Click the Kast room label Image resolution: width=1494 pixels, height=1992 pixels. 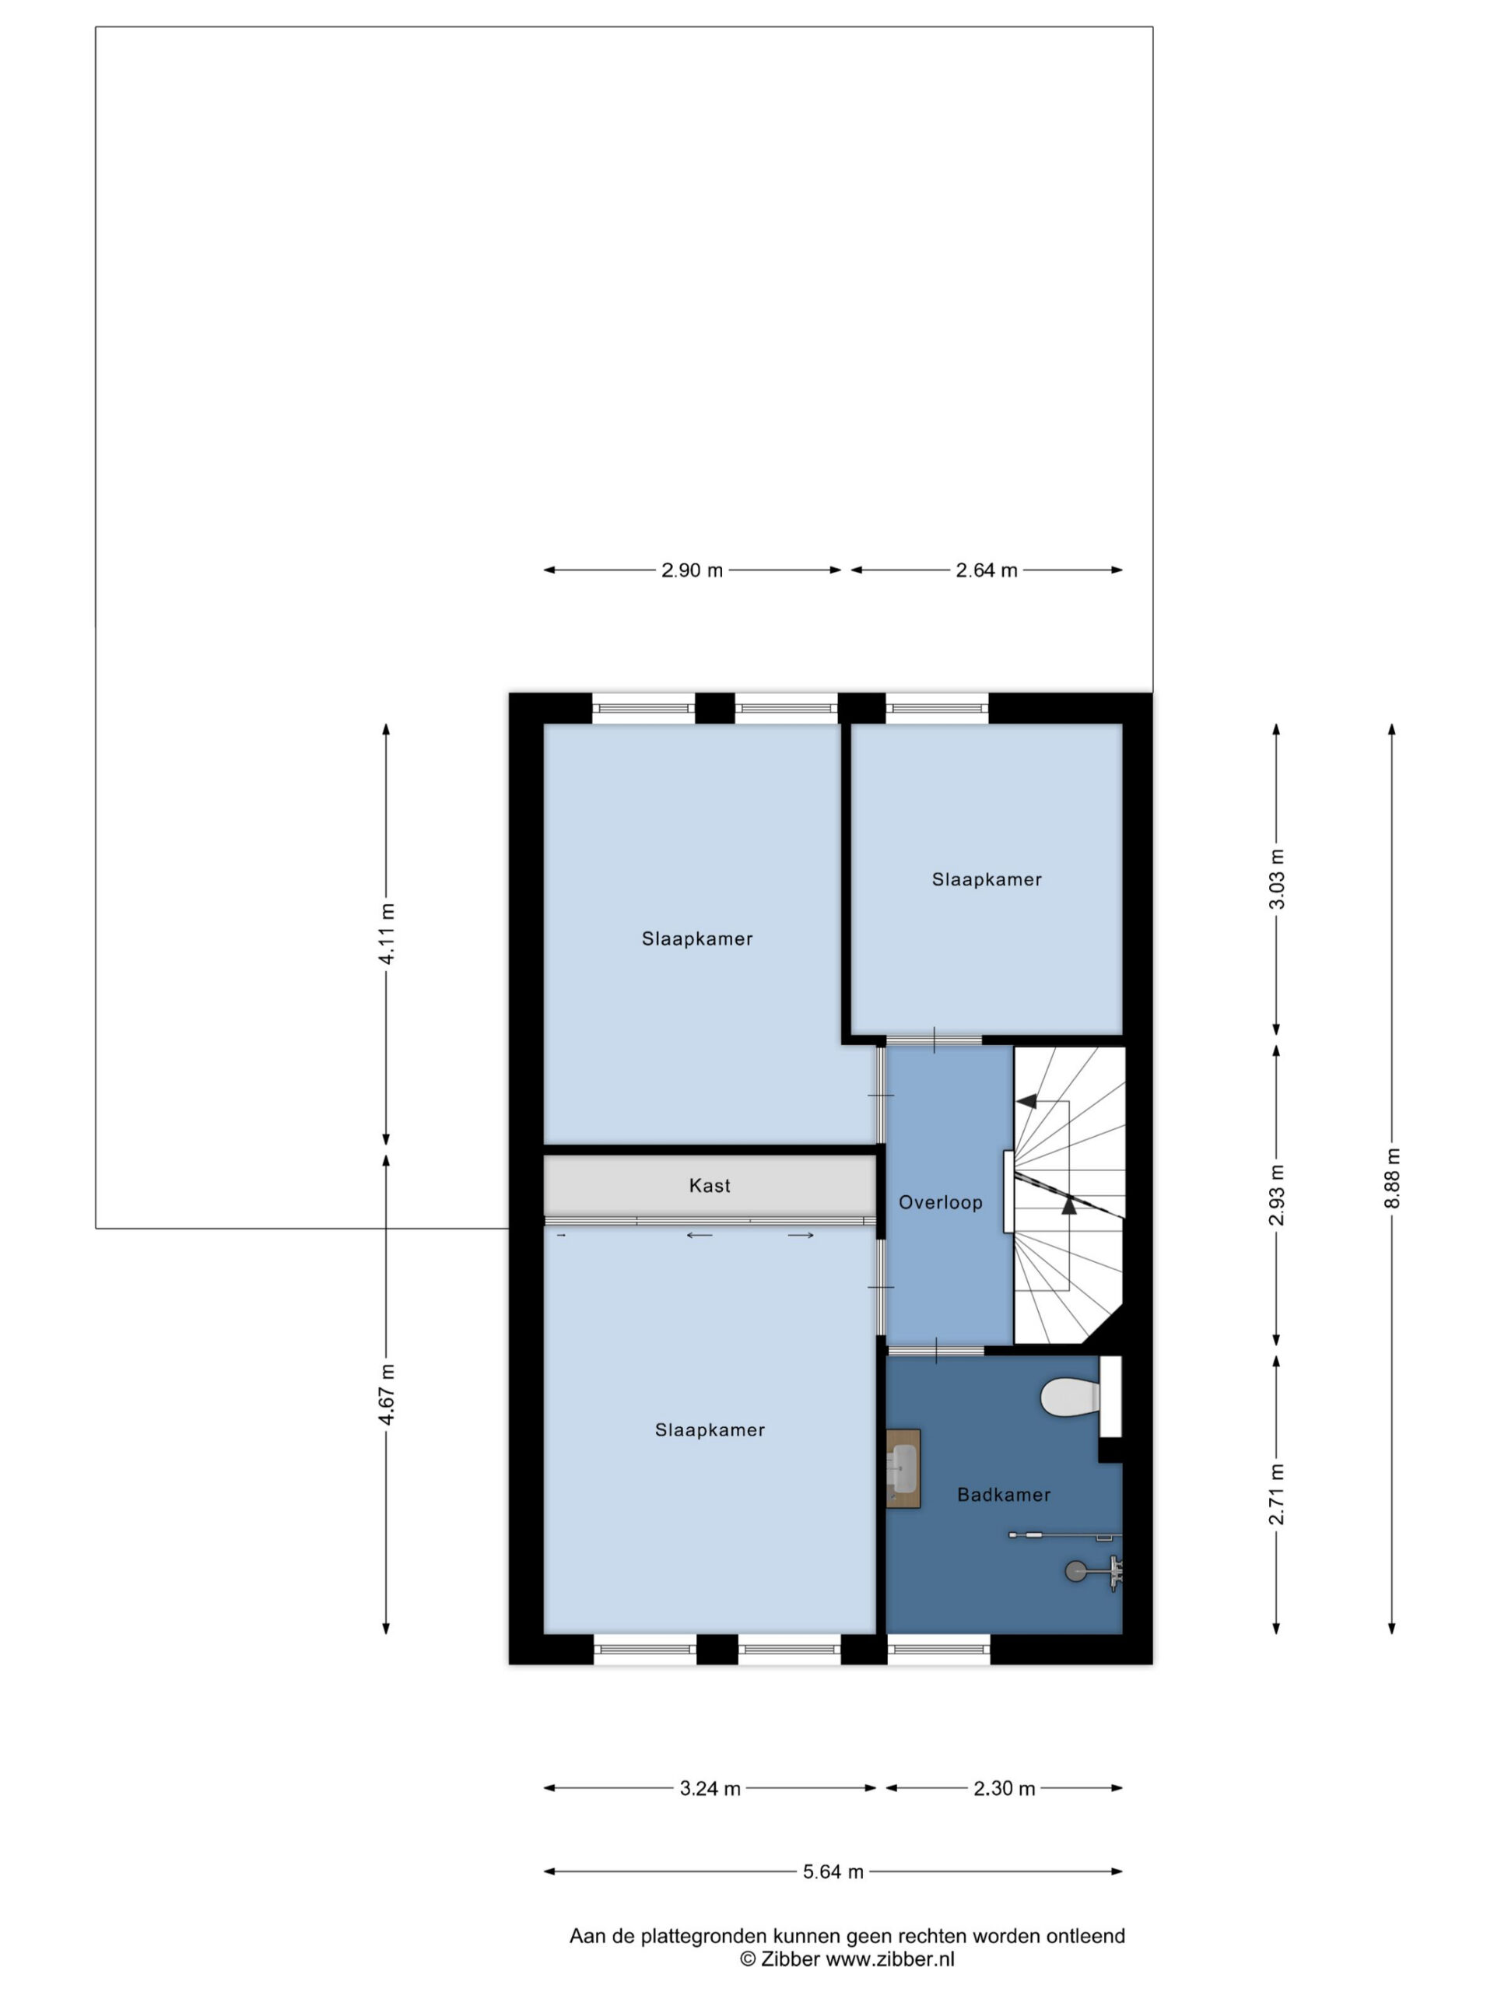(709, 1185)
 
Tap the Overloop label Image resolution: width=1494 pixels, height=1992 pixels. (940, 1202)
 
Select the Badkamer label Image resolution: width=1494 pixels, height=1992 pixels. (1003, 1495)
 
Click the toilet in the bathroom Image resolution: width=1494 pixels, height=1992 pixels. (1071, 1398)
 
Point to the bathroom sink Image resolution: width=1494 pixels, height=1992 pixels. (903, 1468)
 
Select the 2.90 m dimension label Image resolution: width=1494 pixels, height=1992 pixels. (692, 570)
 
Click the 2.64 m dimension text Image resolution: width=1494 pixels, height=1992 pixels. (986, 570)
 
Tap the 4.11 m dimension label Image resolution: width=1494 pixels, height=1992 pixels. (386, 933)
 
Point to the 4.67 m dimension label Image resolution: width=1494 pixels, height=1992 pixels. (386, 1395)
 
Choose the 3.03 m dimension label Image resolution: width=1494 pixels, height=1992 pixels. (1276, 879)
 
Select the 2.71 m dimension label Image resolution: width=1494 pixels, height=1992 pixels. (1276, 1495)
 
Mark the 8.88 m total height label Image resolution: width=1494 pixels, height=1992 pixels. (1391, 1179)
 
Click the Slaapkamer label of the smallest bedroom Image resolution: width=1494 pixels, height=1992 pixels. (986, 879)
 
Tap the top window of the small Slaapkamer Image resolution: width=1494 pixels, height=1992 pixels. (937, 708)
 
